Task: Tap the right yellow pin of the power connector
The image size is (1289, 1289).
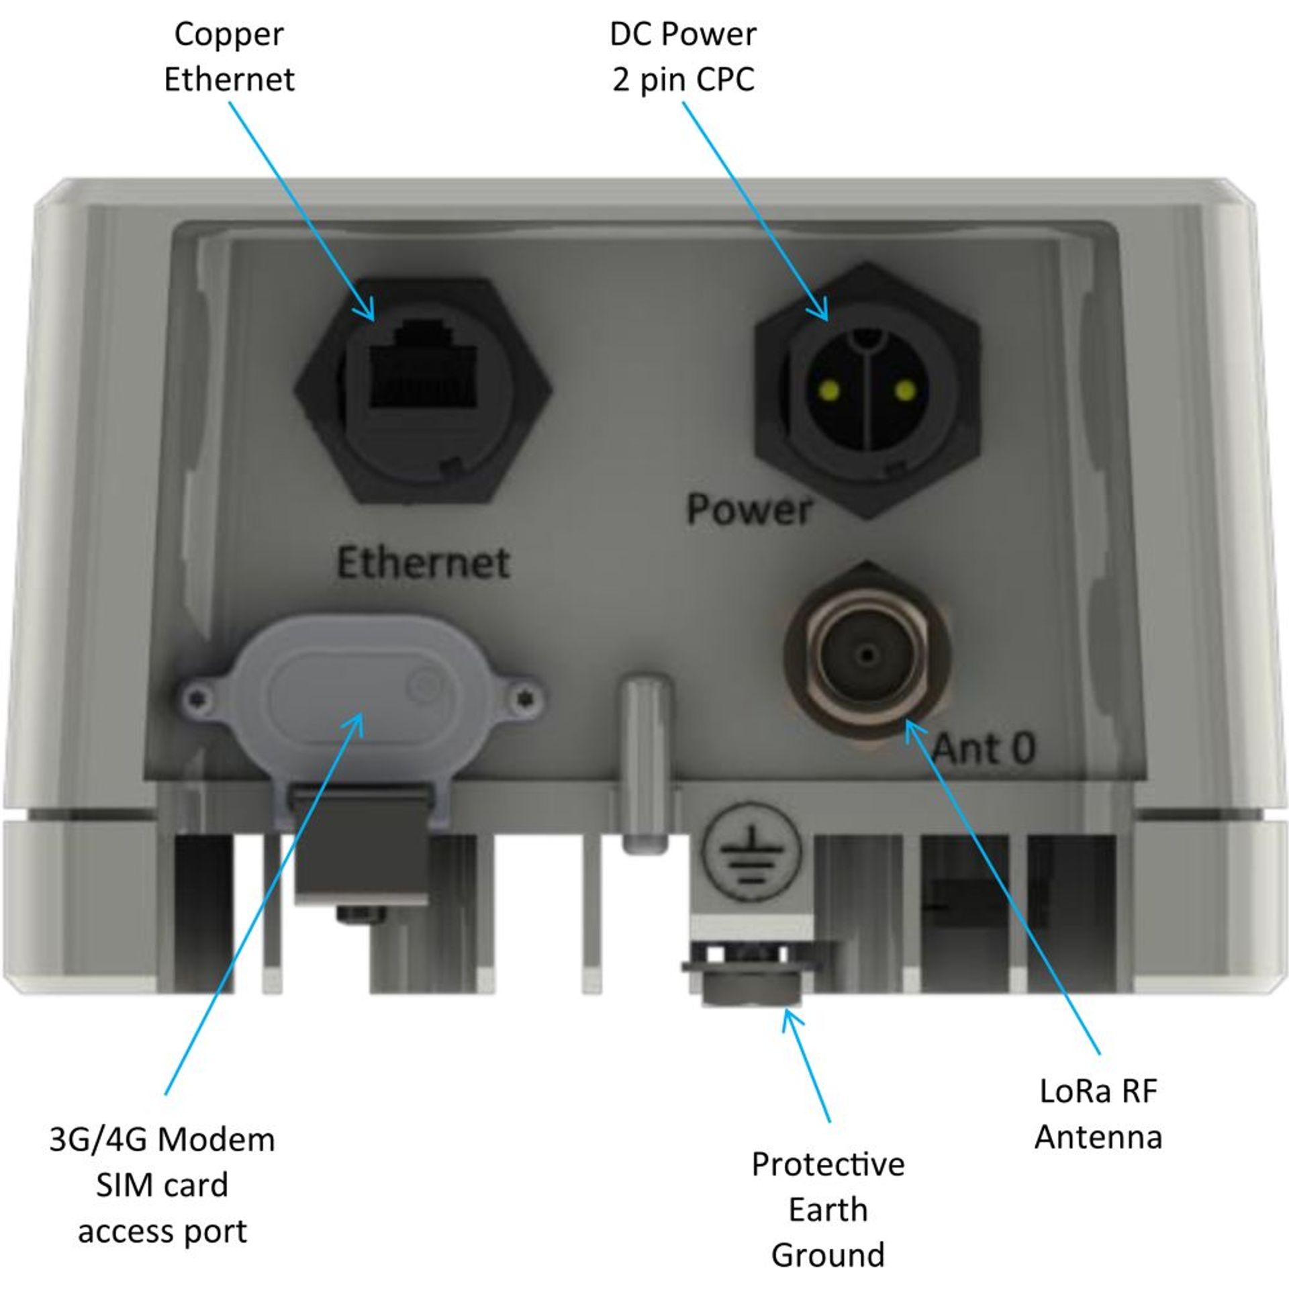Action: (905, 389)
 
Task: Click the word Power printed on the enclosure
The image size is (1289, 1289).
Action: (749, 510)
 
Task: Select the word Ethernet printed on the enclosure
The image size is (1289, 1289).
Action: (422, 563)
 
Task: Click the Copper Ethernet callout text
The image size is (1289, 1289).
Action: (229, 57)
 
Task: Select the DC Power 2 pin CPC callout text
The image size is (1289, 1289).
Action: (683, 57)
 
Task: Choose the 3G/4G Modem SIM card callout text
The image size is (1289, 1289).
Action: (162, 1185)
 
